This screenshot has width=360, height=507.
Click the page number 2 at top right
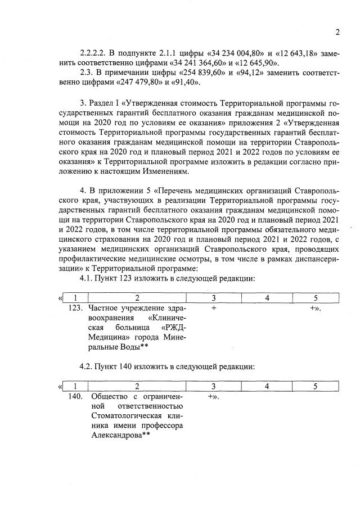[x=337, y=32]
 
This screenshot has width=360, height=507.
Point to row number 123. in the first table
[x=75, y=309]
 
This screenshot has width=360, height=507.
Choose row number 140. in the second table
[x=75, y=396]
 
